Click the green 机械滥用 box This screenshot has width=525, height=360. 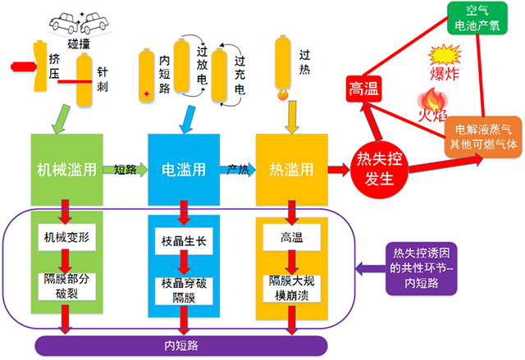[66, 171]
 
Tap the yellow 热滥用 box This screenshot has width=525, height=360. [290, 171]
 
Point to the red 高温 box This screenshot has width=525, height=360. [362, 89]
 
